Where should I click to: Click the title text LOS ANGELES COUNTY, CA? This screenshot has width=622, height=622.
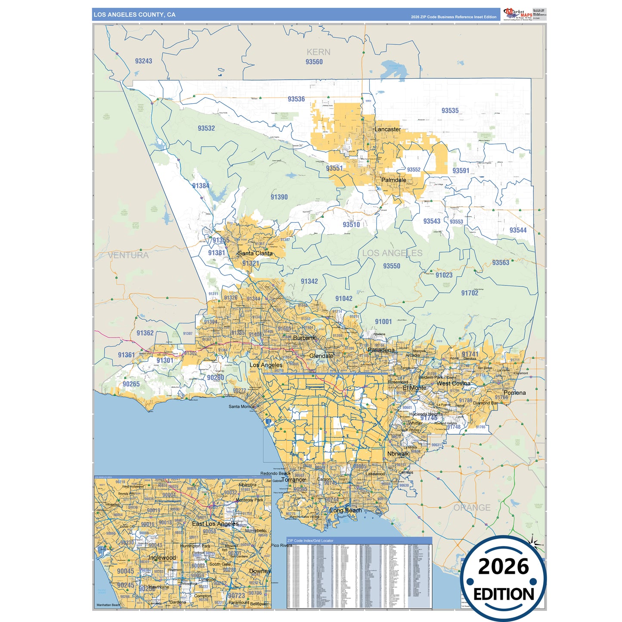pos(135,15)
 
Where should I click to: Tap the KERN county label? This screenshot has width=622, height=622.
pos(319,52)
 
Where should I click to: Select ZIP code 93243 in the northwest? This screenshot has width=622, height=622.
pos(143,61)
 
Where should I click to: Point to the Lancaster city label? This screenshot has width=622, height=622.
pos(387,129)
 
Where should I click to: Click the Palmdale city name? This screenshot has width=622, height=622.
pos(393,180)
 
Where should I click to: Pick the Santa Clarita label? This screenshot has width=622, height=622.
pos(255,253)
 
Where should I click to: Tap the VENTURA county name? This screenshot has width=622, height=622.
pos(128,255)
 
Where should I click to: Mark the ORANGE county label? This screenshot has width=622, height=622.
pos(472,508)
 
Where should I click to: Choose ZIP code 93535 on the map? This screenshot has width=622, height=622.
pos(450,111)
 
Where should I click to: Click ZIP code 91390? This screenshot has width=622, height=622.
pos(279,197)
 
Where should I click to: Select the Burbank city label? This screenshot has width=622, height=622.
pos(304,338)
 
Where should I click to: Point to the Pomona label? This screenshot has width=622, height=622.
pos(514,393)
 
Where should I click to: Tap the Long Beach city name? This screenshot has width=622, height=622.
pos(346,511)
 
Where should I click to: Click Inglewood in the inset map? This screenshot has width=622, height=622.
pos(162,557)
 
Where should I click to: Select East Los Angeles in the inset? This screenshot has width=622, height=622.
pos(215,524)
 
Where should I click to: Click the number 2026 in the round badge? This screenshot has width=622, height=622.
pos(503,566)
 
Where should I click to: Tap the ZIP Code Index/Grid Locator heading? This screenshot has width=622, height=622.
pos(310,541)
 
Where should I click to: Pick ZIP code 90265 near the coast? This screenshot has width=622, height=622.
pos(131,384)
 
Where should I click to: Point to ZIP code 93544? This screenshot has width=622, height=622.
pos(518,230)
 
